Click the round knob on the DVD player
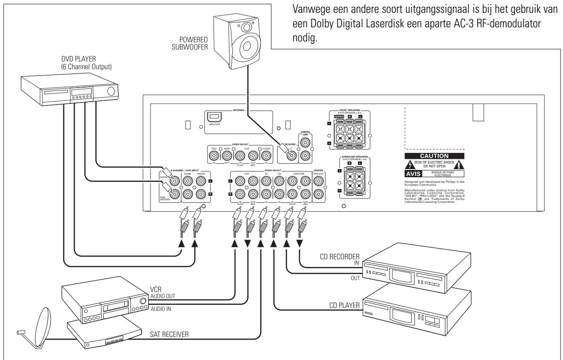tap(111, 91)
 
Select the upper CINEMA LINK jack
tap(306, 141)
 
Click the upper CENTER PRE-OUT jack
tap(319, 181)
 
